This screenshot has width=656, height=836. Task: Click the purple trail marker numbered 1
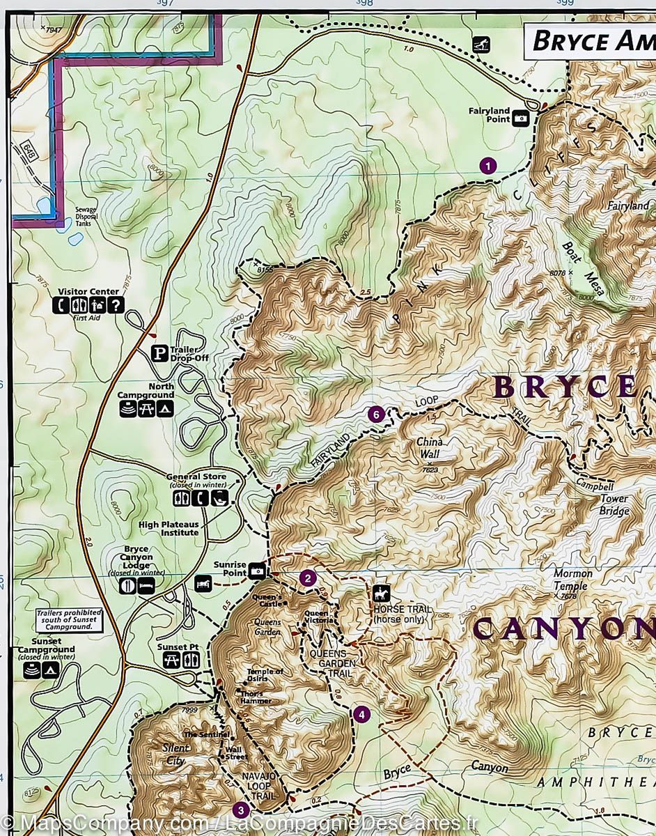coord(488,165)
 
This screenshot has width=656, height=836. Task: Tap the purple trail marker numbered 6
coord(376,415)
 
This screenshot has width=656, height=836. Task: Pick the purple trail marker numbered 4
coord(361,714)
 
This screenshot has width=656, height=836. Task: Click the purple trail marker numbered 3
coord(241,810)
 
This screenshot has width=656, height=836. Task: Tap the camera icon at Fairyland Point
coord(520,119)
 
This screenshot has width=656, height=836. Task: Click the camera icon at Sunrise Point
coord(257,571)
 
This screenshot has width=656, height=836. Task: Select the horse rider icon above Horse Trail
coord(382,594)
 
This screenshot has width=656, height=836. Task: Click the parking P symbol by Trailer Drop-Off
coord(159,353)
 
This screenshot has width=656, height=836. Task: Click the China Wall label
coord(430,449)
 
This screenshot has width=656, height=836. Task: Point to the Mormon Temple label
coord(573,580)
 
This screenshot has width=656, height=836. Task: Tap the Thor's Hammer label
coord(252,697)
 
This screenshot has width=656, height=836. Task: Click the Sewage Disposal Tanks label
coord(87,217)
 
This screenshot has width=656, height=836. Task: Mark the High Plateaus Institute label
coord(169,528)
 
